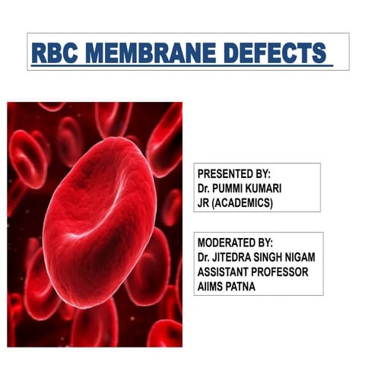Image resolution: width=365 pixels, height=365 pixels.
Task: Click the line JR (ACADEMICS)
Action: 235,201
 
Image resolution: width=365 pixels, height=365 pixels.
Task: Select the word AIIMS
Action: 212,285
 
